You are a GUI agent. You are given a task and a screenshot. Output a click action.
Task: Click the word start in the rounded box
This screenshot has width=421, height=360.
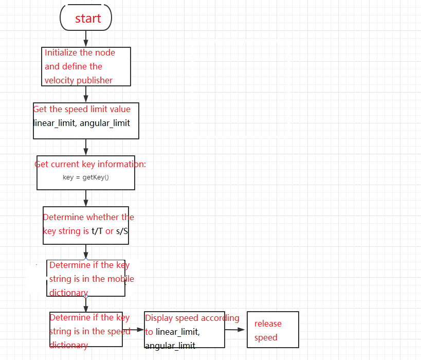[88, 19]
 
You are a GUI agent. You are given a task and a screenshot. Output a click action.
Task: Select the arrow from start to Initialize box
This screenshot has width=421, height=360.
[86, 39]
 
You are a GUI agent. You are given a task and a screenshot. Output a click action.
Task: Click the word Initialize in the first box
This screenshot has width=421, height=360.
[61, 52]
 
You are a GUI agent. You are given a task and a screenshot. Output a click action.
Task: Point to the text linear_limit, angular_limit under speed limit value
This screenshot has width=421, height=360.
[82, 123]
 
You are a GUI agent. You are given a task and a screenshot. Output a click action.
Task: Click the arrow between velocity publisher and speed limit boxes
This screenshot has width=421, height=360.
[86, 94]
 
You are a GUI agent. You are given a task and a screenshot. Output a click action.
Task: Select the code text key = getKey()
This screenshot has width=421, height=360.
[86, 177]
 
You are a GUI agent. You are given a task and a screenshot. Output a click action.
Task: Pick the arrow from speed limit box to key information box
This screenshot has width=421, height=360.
[86, 147]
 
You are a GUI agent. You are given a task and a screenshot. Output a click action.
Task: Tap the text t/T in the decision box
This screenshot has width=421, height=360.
[97, 231]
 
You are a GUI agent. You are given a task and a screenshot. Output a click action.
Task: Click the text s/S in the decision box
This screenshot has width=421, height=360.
[122, 231]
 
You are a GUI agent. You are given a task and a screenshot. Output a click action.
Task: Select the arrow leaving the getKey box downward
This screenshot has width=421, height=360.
[86, 198]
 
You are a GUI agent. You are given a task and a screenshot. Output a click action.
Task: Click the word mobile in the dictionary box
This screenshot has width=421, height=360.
[121, 279]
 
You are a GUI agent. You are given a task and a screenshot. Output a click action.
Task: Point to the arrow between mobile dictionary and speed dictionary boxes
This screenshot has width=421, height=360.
[86, 304]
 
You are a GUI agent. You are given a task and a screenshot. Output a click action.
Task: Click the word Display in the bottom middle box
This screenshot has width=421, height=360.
[159, 318]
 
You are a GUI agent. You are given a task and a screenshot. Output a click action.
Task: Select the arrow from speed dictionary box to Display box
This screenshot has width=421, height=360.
[133, 330]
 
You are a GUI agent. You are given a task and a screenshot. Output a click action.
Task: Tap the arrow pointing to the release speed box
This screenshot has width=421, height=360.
[235, 330]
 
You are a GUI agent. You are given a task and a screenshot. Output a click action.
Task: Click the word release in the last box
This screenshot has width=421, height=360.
[268, 323]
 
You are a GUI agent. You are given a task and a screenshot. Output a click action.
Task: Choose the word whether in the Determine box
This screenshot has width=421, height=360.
[103, 217]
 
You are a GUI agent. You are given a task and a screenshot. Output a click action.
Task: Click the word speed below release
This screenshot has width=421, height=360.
[266, 338]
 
